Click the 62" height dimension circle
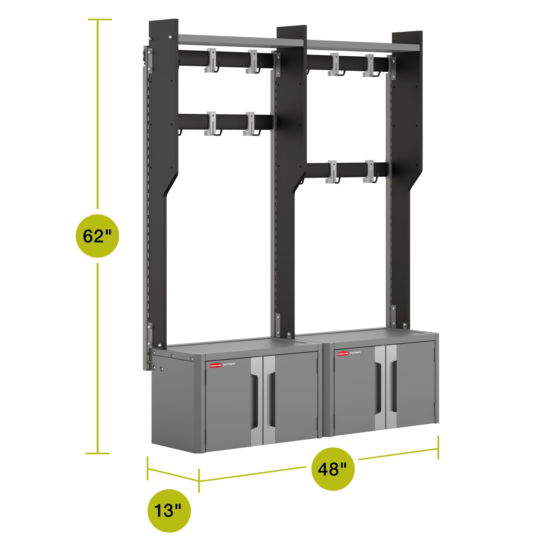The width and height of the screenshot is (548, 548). [97, 236]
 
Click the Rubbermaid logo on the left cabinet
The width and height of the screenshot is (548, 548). [216, 365]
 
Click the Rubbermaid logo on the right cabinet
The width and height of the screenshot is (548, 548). [343, 354]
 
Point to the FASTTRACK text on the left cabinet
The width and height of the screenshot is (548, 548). [229, 364]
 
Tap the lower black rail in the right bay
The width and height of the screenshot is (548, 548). [347, 169]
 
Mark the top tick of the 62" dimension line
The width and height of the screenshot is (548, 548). [100, 19]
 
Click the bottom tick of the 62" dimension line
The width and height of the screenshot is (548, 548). [97, 453]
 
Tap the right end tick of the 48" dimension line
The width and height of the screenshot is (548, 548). [438, 447]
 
